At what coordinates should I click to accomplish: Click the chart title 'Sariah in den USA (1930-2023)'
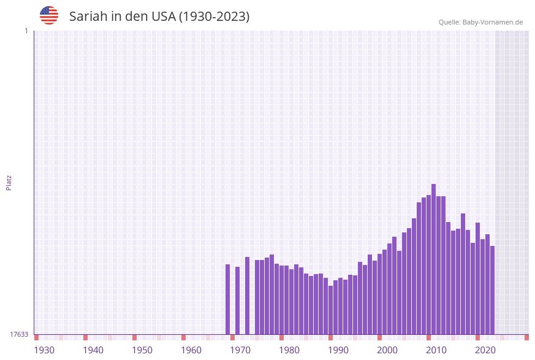click(x=159, y=17)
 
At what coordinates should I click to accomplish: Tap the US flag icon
click(x=49, y=15)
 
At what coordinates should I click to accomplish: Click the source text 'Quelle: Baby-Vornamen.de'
click(x=480, y=22)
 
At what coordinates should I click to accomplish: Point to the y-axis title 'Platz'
click(x=9, y=182)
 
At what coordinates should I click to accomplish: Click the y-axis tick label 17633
click(x=19, y=334)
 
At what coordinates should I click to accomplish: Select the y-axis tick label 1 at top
click(x=26, y=31)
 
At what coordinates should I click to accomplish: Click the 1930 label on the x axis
click(x=44, y=350)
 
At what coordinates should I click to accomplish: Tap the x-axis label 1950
click(x=142, y=350)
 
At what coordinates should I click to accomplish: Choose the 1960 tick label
click(x=191, y=350)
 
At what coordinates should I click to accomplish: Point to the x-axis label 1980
click(x=289, y=350)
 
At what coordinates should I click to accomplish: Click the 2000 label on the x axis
click(x=387, y=350)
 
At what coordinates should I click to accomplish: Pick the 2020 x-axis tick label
click(x=485, y=350)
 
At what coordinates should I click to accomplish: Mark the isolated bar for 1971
click(x=238, y=301)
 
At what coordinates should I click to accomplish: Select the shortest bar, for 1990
click(x=330, y=310)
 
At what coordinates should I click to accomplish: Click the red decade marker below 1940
click(x=86, y=337)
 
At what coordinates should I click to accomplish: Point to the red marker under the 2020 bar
click(x=478, y=337)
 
